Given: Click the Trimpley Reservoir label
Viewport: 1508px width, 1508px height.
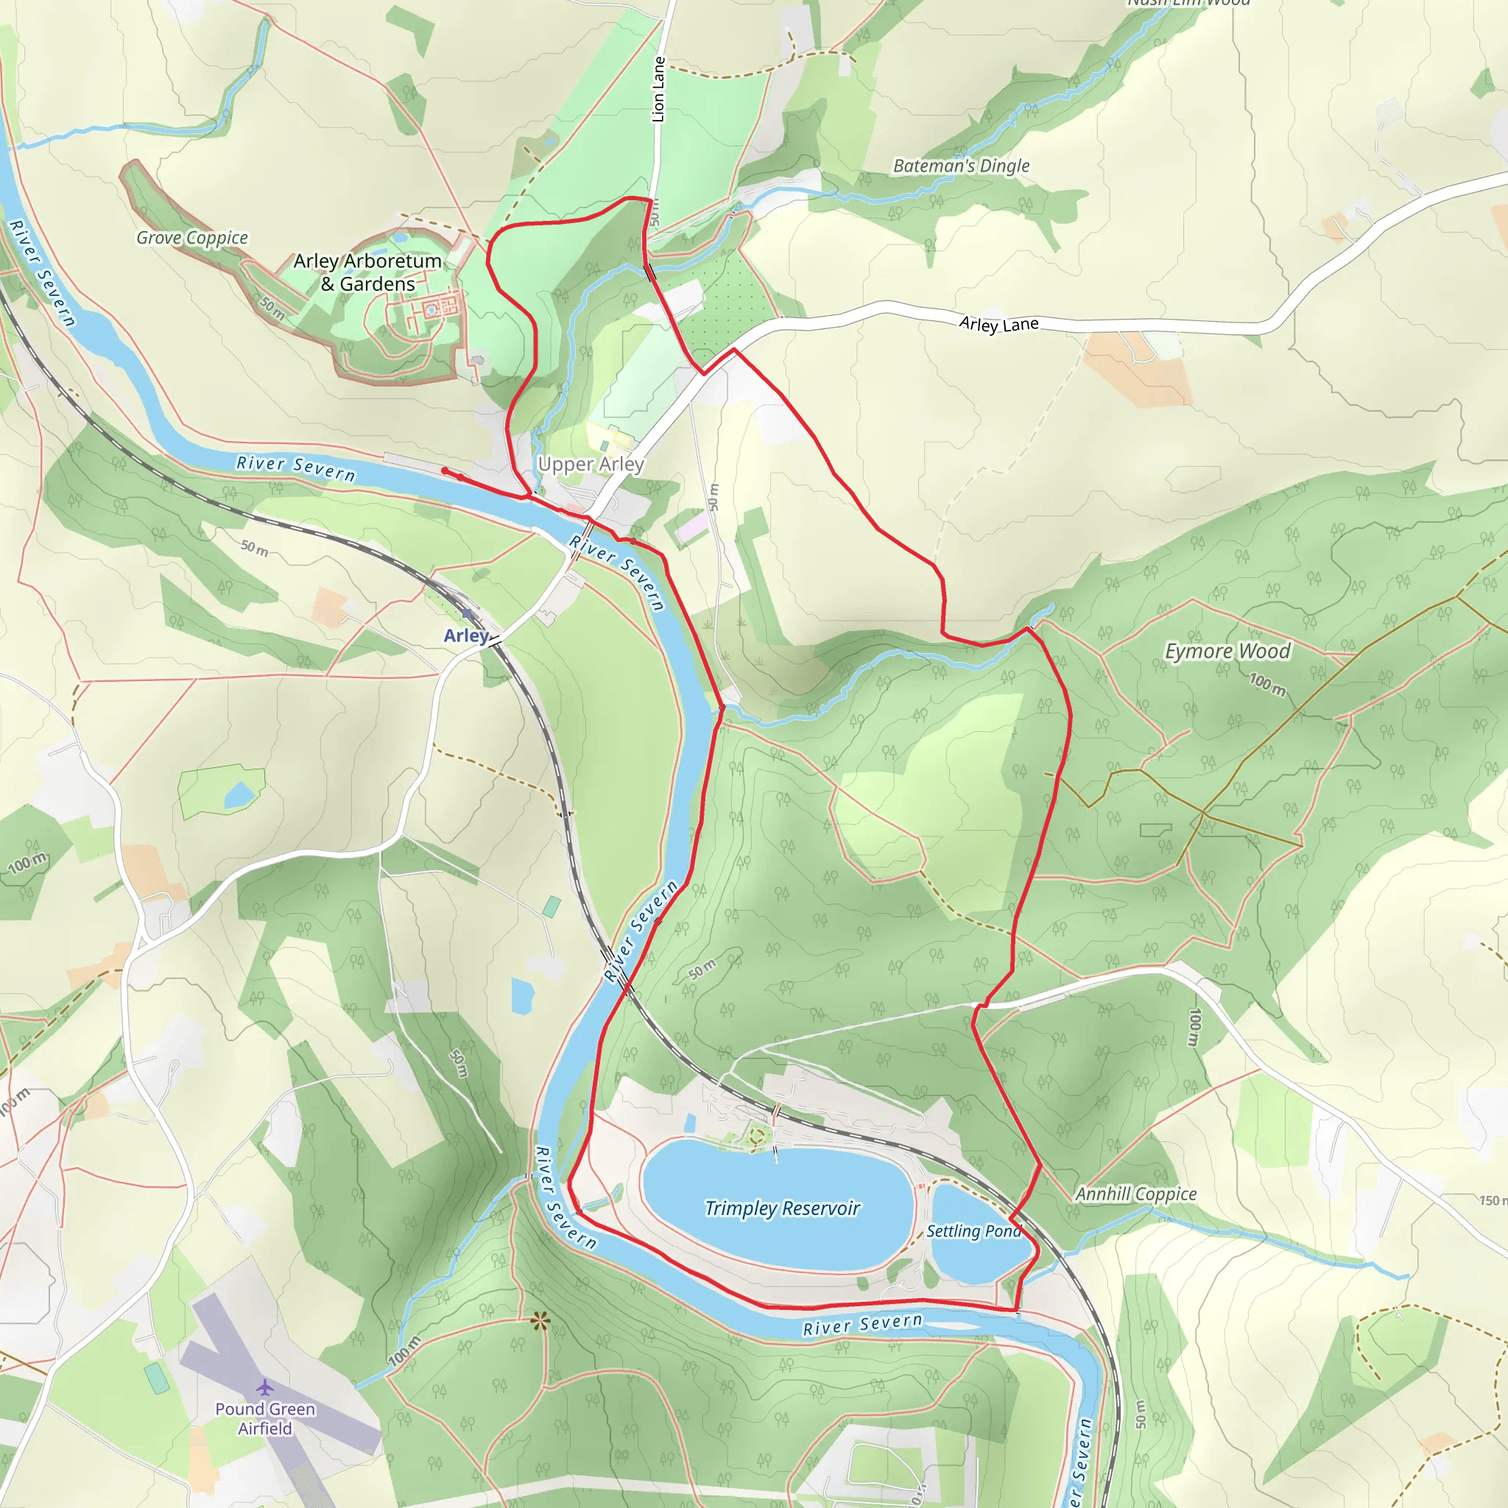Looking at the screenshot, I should (x=782, y=1208).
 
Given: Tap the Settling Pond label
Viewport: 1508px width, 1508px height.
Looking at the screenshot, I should (x=973, y=1231).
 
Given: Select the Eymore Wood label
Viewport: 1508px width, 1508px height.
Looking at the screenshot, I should (x=1227, y=651).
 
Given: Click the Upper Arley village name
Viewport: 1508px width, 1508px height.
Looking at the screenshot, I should (x=591, y=465).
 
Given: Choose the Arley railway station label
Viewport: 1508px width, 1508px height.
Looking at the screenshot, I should (x=466, y=635).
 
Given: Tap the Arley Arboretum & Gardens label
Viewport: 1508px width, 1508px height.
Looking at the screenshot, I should (x=367, y=272).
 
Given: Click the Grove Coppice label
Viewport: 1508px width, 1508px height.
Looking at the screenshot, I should (x=192, y=238).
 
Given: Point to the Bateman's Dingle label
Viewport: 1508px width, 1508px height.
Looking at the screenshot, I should (x=961, y=166).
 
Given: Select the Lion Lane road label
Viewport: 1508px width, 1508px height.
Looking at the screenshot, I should (x=658, y=90).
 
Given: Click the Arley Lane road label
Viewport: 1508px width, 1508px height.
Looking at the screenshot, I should (x=998, y=323).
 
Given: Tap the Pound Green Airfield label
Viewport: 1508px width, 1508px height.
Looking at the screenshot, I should (x=265, y=1418).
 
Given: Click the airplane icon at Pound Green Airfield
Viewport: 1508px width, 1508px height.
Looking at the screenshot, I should (x=265, y=1387).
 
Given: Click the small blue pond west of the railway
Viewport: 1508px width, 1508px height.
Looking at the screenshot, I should (x=239, y=795).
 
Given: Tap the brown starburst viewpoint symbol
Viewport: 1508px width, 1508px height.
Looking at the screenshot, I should (x=539, y=1321).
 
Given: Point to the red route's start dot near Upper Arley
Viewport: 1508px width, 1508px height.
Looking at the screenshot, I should (x=444, y=470).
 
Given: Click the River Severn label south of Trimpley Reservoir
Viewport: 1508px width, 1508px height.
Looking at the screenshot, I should (x=862, y=1325).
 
